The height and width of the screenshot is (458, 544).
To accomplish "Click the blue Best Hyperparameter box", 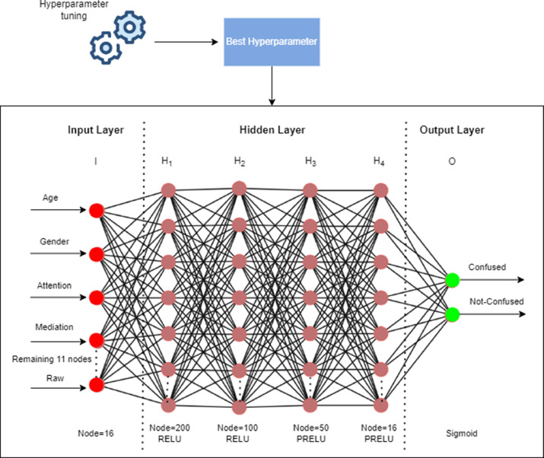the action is [x=272, y=42].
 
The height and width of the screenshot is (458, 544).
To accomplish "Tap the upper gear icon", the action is [x=130, y=27].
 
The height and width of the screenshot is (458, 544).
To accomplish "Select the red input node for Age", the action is [x=97, y=211].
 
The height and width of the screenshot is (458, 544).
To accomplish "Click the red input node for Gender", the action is [x=97, y=254].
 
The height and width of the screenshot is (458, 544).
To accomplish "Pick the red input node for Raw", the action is [x=97, y=385].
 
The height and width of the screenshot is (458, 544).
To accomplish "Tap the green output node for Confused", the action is [x=453, y=280].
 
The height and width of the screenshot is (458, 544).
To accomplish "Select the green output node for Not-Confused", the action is [x=453, y=314].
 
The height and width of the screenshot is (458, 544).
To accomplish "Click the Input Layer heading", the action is [x=96, y=130].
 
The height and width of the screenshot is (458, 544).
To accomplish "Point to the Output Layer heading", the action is [x=452, y=130].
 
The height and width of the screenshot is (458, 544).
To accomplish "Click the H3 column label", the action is [x=310, y=161].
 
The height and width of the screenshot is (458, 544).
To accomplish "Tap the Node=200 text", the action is [x=170, y=428].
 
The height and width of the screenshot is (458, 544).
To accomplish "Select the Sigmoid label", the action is [x=462, y=434].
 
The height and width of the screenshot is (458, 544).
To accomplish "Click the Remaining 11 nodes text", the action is [x=52, y=359].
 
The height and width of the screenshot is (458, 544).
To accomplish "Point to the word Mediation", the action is [x=54, y=327].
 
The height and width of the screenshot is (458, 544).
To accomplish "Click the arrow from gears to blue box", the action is [x=186, y=42].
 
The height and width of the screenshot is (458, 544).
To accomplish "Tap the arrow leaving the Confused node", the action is [x=492, y=280].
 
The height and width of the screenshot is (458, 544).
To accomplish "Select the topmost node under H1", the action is [x=168, y=190].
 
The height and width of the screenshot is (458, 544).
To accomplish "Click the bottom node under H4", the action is [x=381, y=406].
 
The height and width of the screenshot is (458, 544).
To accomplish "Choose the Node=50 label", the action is [x=311, y=428].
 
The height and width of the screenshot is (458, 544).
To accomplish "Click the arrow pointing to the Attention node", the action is [x=59, y=297].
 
